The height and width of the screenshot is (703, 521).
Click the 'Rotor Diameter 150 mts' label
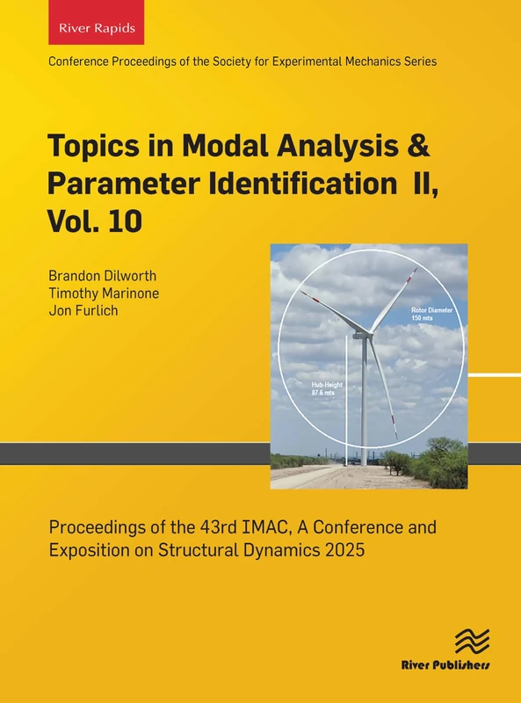(434, 314)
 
